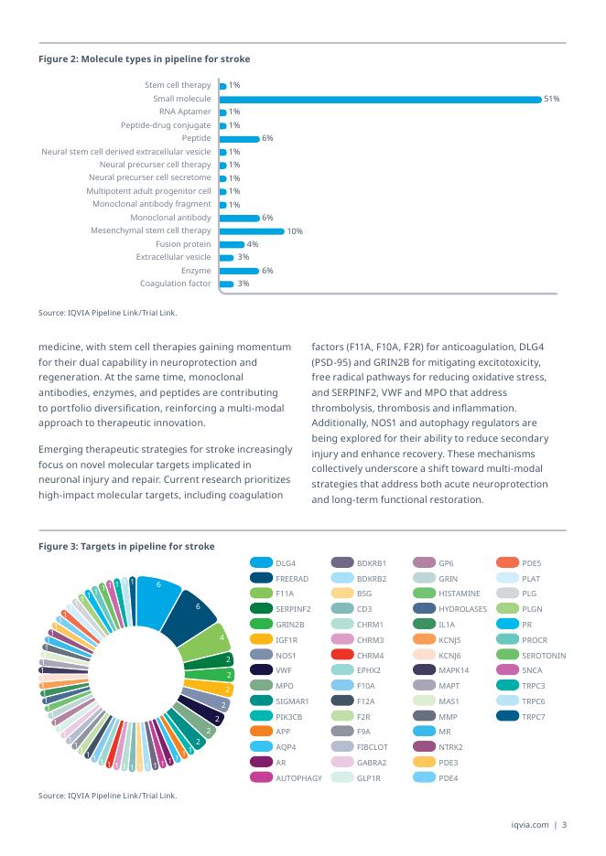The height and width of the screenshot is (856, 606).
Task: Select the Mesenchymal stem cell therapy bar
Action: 252,231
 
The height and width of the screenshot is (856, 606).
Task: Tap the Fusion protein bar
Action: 232,244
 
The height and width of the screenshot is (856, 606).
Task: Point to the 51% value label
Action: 552,99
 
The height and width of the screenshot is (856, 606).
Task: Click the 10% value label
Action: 296,231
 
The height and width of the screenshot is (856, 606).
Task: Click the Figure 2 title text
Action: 144,59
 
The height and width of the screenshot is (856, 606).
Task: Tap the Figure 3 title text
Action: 126,546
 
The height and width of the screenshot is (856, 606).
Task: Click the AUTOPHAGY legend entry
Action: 298,777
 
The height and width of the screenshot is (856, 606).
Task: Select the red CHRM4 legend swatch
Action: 342,655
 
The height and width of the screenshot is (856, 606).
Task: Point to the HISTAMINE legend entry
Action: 460,594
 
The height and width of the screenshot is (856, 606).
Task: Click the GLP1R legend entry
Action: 369,777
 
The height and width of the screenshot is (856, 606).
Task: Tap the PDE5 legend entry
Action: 530,562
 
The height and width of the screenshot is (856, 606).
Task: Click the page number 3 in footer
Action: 565,825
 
